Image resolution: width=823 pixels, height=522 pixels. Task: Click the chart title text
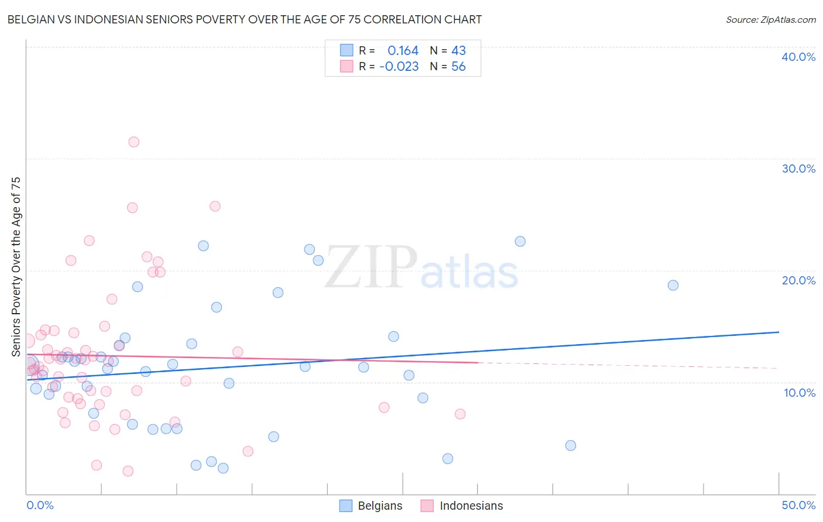[245, 19]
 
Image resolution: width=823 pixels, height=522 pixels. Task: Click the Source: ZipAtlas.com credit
[770, 20]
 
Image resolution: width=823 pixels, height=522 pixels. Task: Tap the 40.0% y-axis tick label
[798, 57]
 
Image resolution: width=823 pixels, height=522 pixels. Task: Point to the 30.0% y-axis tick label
[798, 169]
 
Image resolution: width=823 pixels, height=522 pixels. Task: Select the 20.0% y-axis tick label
[798, 280]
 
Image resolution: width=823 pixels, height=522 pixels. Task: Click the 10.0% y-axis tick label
[799, 393]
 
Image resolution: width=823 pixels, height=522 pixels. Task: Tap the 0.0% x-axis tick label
[40, 505]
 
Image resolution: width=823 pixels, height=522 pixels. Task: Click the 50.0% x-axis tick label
[798, 505]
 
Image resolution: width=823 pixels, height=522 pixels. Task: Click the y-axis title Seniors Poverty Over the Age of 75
[16, 267]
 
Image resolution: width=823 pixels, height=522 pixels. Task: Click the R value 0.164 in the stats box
[403, 51]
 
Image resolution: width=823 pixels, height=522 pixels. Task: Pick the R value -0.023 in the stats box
[399, 67]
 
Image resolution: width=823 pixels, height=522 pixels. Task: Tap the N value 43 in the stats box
[458, 51]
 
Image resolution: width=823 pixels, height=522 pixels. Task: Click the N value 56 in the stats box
[458, 67]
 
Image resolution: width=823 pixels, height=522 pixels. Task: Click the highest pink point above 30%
[133, 142]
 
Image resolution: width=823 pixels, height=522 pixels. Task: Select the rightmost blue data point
[673, 286]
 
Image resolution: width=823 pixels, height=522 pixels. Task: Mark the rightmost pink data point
[460, 414]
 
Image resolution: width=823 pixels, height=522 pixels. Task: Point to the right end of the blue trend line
[779, 332]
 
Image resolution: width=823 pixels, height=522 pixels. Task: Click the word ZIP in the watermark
[371, 267]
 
